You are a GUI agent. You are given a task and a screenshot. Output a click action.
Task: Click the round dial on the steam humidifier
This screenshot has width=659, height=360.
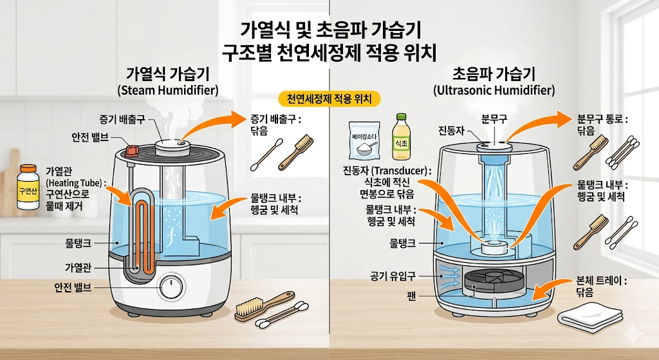point(172,287)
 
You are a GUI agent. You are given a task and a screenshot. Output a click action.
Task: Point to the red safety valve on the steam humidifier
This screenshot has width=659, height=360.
point(133,150)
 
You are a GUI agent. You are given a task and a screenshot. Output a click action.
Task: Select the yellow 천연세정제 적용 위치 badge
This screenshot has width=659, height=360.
point(330,99)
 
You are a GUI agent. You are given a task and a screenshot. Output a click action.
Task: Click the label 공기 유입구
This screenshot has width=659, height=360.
point(393,276)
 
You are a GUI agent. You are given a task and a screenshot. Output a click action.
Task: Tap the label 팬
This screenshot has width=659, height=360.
point(410,298)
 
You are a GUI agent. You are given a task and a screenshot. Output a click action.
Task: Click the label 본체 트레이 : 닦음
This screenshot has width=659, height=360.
point(602,287)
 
